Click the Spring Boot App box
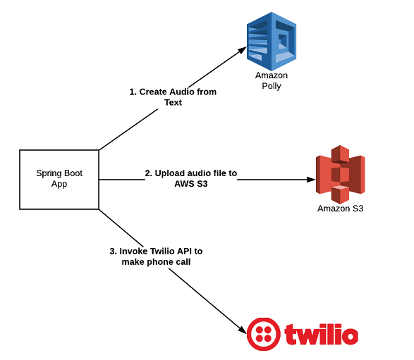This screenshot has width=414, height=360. pos(59,179)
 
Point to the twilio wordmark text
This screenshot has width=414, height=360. pos(321,334)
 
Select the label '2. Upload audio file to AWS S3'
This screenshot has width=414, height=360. pos(190,179)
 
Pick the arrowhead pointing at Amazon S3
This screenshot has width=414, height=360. pos(311,180)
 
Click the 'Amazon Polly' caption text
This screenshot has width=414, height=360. pos(272,80)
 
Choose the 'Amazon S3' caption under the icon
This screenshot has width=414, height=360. pos(340,209)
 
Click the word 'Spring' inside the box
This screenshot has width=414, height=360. pos(49,173)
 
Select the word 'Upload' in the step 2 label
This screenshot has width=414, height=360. pos(169,173)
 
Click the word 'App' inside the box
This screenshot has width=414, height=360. pos(59,185)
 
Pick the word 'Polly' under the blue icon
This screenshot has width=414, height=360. pos(272,86)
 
